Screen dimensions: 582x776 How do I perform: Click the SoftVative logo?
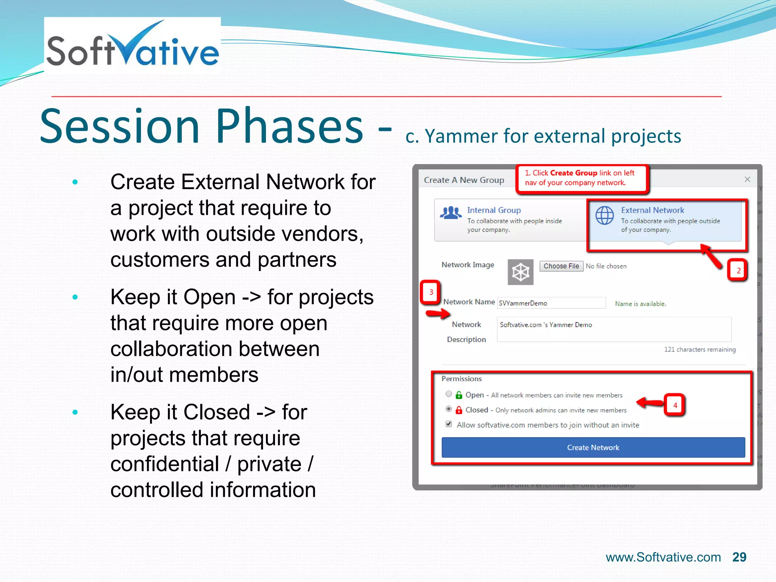pos(132,46)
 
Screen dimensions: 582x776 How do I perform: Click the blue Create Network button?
pos(593,447)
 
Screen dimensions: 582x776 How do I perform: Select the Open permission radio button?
pos(449,394)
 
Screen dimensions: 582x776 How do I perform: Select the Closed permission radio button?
pos(449,409)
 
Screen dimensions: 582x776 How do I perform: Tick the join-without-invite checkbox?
pos(449,424)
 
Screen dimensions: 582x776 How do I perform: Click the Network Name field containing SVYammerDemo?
pos(551,303)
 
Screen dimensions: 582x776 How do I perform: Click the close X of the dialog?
pos(747,179)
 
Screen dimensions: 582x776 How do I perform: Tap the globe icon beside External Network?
pos(604,216)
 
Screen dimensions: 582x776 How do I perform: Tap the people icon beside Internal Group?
pos(451,213)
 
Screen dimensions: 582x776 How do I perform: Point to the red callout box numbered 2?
pos(737,271)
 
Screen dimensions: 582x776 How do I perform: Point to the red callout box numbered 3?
pos(431,292)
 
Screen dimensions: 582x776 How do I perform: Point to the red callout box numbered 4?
pos(675,405)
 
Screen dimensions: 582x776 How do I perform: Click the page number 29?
pos(739,557)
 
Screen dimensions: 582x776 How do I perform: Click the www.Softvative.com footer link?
pos(663,557)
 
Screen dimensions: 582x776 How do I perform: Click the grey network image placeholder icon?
pos(520,272)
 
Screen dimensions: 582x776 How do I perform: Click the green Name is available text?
pos(640,304)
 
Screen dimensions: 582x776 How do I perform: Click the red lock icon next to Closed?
pos(459,410)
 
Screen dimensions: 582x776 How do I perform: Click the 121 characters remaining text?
pos(700,349)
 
